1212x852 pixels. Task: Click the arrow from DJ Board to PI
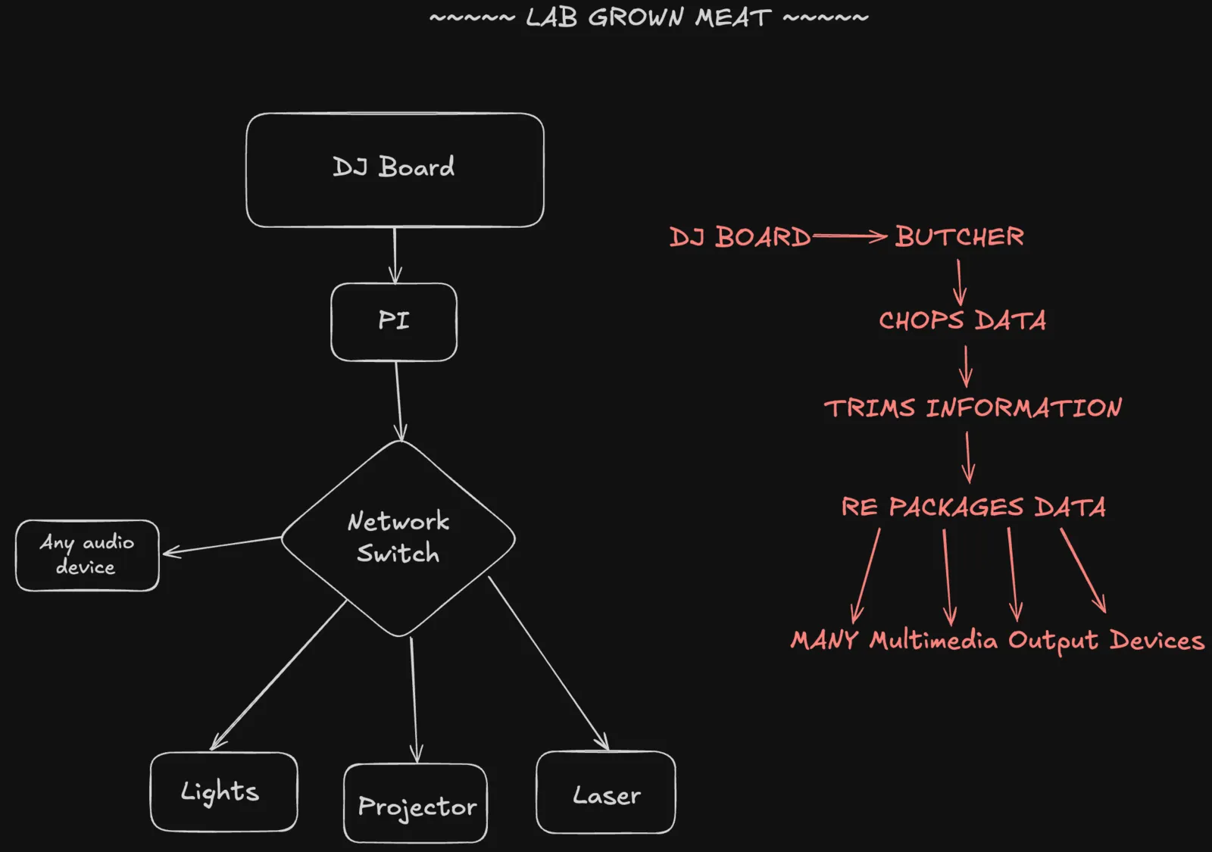pos(395,255)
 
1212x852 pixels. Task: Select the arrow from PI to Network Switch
pos(398,401)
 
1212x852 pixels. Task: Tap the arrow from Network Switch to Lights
pos(278,676)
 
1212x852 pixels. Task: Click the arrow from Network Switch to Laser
pos(548,663)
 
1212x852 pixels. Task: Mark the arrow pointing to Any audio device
pos(222,545)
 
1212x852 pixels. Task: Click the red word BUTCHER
pos(959,236)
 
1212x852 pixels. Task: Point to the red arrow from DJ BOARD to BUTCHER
pos(849,236)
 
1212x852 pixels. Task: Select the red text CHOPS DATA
pos(962,320)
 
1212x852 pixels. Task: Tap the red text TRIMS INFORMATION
pos(973,407)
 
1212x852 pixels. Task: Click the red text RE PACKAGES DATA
pos(973,507)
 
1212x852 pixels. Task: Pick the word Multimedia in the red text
pos(933,641)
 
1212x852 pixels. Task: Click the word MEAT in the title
pos(733,17)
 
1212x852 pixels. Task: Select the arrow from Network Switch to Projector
pos(414,700)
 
